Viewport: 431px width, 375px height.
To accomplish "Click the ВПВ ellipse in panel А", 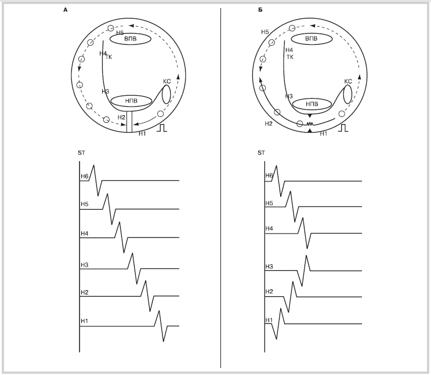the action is [x=131, y=39].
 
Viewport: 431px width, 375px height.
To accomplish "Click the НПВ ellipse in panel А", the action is [x=131, y=101].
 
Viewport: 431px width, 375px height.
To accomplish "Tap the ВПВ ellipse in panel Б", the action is [x=312, y=38].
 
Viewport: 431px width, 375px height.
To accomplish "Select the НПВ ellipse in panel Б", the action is [x=312, y=104].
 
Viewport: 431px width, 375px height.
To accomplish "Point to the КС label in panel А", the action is [x=167, y=82].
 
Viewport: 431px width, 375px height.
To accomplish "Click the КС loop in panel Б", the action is [x=347, y=94].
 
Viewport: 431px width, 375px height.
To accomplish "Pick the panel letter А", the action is [x=66, y=10].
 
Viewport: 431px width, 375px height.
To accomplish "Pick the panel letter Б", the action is [x=260, y=10].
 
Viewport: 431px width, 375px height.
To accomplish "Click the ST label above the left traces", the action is [x=82, y=153].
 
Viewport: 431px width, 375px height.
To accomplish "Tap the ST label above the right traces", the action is [x=262, y=153].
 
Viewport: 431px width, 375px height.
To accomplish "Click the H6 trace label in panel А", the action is [x=84, y=176].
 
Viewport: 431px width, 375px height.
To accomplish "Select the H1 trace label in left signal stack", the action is [x=84, y=321].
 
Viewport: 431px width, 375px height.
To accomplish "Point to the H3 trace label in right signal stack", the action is [x=269, y=267].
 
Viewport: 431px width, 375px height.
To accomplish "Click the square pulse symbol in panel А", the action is [x=162, y=128].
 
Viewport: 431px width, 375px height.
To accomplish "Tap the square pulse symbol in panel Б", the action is [x=343, y=128].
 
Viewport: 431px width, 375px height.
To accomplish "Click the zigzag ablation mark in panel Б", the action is [x=310, y=124].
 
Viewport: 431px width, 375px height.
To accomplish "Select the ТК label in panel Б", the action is [x=290, y=57].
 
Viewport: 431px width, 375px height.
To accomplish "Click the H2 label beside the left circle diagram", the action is [x=121, y=118].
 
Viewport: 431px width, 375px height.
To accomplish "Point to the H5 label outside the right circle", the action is [x=265, y=32].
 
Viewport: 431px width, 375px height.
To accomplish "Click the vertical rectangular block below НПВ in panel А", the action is [x=129, y=122].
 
